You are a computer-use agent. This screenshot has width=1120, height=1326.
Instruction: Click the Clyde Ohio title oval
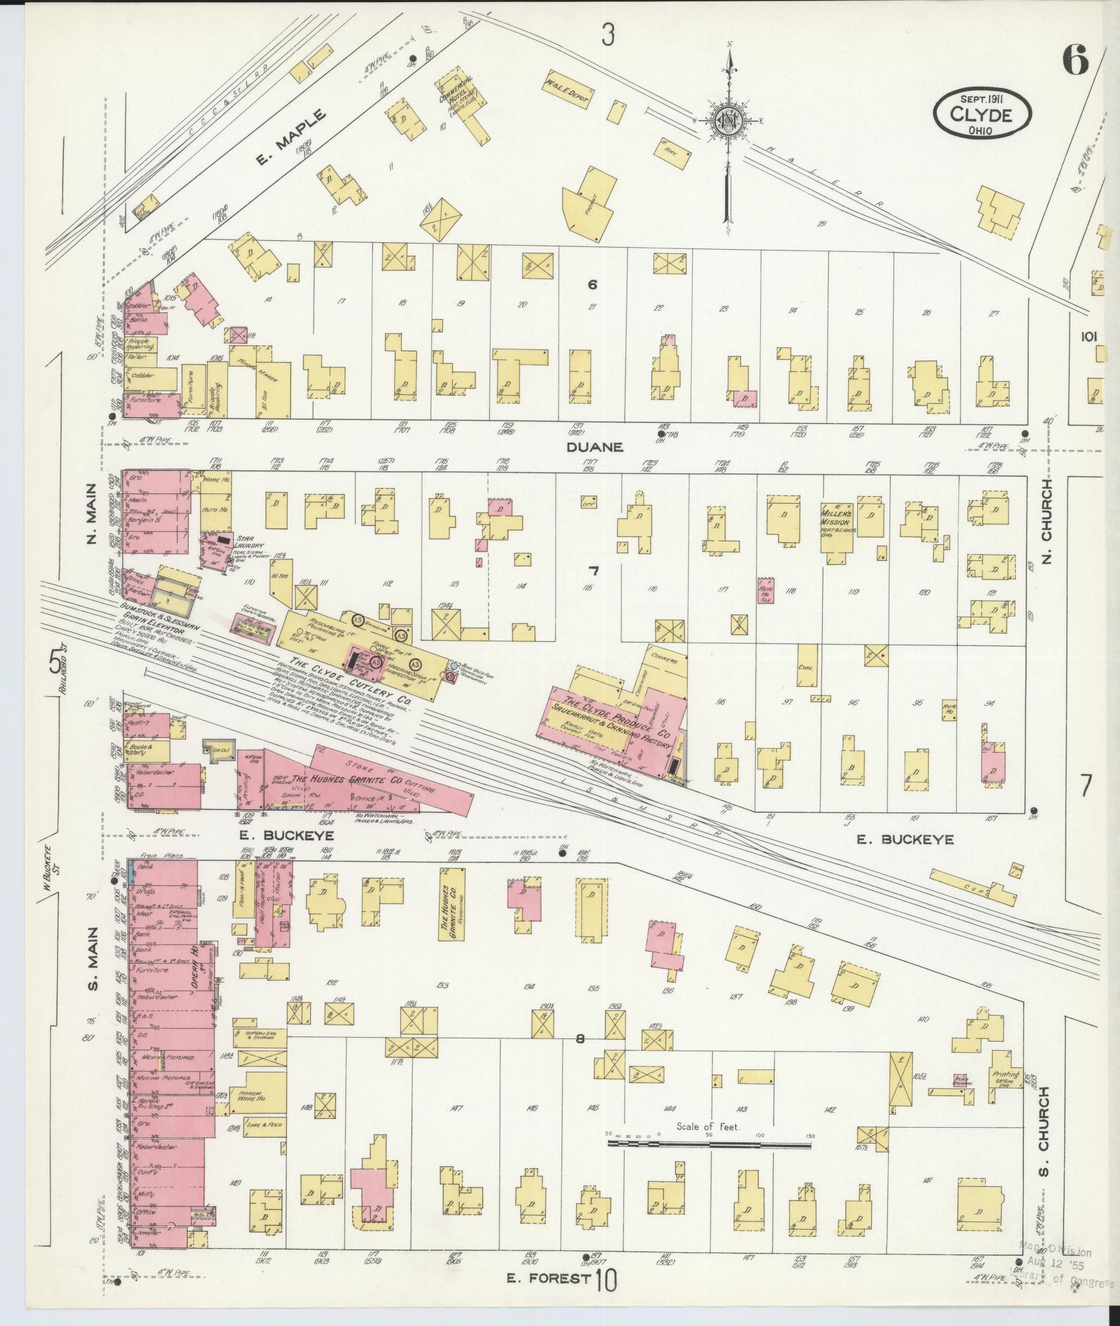[982, 110]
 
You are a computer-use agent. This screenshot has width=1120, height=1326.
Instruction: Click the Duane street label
[595, 447]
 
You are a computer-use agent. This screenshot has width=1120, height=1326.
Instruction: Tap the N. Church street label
[1046, 520]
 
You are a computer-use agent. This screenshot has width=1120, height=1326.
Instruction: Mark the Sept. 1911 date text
[982, 99]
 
